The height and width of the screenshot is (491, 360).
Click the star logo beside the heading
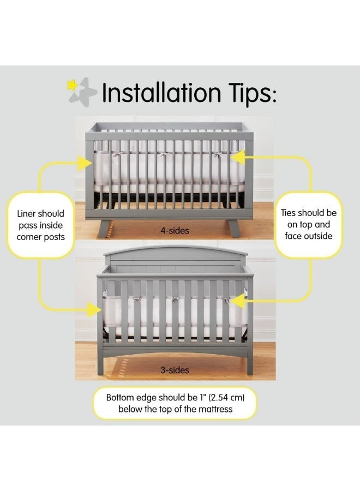tap(82, 91)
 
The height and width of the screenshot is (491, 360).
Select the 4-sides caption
tap(176, 231)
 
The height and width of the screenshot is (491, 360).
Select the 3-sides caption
tap(175, 370)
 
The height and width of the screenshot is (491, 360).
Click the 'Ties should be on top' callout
tap(309, 224)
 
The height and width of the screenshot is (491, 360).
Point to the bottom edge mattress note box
tap(176, 403)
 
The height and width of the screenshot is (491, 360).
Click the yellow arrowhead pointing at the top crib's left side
tap(84, 162)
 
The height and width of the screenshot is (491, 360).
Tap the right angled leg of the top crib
tap(235, 227)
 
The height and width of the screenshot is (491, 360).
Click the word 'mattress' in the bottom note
tap(215, 409)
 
